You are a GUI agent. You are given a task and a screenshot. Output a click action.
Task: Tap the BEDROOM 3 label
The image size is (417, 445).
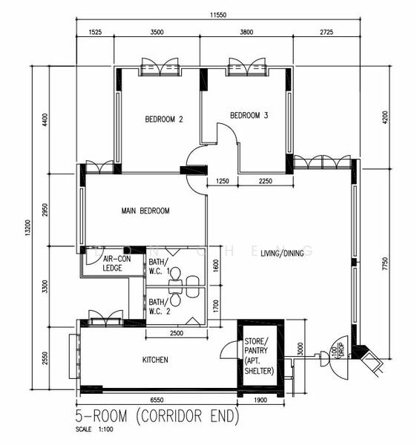[x=249, y=115]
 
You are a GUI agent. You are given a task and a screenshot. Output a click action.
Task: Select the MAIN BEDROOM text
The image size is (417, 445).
[x=145, y=211]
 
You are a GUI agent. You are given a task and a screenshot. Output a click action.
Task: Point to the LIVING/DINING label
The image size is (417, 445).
[x=282, y=254]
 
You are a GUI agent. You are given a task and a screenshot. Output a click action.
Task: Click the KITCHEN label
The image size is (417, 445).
[x=155, y=360]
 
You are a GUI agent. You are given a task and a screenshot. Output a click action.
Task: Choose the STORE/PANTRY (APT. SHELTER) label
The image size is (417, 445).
[x=259, y=356]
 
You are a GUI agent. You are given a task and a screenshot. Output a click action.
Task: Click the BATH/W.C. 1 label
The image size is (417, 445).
[x=159, y=267]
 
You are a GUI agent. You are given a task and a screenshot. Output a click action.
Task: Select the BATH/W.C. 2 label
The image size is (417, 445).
[x=159, y=306]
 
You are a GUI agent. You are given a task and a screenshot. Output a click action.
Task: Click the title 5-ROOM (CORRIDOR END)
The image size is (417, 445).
[x=156, y=416]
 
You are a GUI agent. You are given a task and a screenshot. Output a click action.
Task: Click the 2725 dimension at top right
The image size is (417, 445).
[x=325, y=33]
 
